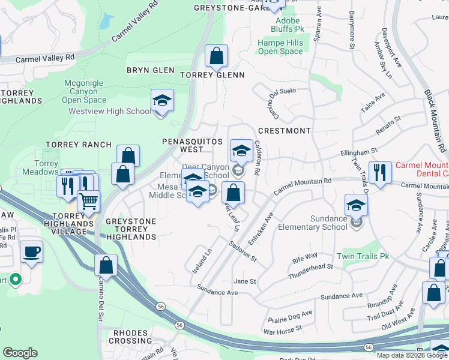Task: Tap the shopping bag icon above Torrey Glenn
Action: pos(217,56)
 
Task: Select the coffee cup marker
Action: pos(31,252)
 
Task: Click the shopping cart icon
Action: pos(89,201)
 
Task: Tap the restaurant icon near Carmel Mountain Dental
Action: pos(380,172)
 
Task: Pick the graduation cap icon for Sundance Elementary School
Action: pos(356,205)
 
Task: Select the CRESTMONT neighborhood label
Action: pos(284,131)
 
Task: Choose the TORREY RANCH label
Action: pos(79,145)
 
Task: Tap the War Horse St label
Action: pos(282,331)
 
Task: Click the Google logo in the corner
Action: pos(20,353)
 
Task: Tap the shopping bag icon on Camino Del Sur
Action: pos(106,265)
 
